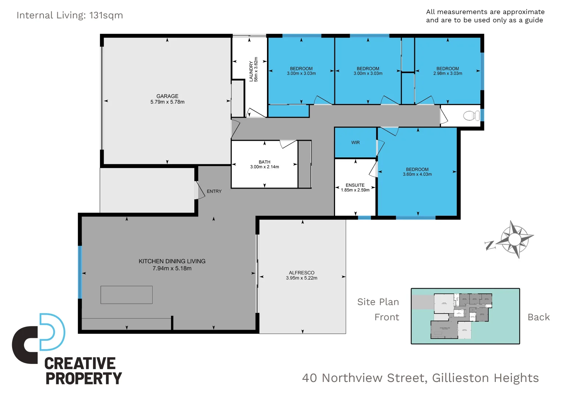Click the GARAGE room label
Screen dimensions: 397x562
(167, 96)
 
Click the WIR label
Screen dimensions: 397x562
(355, 143)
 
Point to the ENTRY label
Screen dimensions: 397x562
(214, 191)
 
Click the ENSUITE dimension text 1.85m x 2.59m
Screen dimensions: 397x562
(355, 190)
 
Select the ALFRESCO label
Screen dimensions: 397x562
(302, 273)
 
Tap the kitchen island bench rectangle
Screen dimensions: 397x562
(127, 295)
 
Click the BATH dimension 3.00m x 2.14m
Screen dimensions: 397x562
(264, 167)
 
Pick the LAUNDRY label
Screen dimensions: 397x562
(251, 71)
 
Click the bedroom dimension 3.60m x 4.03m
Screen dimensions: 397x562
(417, 174)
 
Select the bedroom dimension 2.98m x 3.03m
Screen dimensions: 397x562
(448, 74)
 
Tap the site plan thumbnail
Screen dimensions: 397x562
(465, 316)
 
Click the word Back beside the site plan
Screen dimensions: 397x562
(538, 317)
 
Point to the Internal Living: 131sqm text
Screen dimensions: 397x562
(70, 15)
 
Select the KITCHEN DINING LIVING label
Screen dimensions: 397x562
(172, 261)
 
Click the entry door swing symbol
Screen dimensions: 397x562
(200, 190)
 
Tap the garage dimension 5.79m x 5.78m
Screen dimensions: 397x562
(167, 102)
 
